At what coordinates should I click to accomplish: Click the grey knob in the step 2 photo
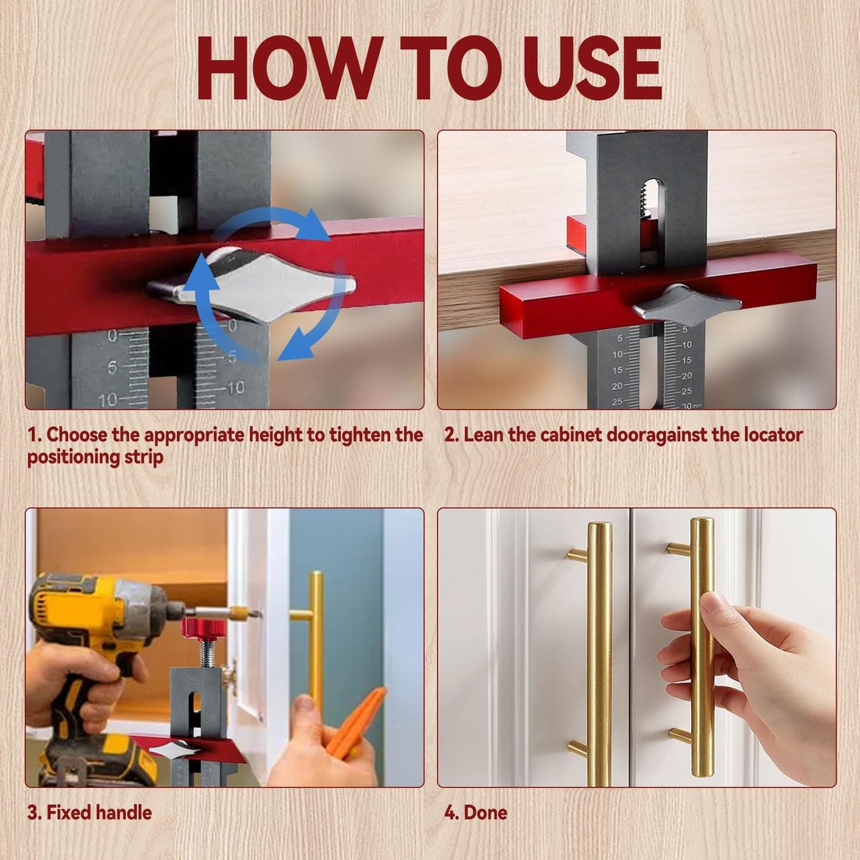tap(686, 303)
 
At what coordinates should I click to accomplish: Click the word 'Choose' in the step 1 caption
tap(77, 435)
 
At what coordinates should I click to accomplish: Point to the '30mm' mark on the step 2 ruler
tap(690, 406)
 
